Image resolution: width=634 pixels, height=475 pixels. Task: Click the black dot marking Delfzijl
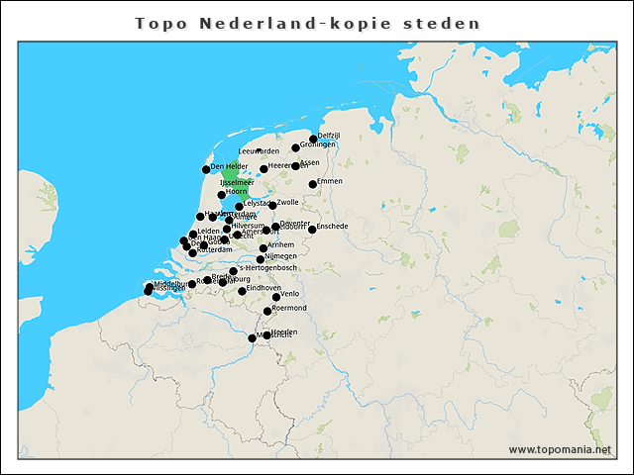point(313,139)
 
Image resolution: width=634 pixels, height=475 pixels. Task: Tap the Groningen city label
point(318,144)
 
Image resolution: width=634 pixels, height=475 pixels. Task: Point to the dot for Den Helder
point(206,169)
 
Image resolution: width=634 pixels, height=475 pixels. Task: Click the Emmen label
point(329,181)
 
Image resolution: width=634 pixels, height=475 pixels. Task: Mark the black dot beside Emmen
point(313,184)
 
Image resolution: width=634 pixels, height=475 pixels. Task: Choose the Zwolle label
point(287,202)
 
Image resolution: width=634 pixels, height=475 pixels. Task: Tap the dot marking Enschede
point(312,230)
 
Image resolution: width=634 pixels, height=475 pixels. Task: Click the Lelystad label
point(258,203)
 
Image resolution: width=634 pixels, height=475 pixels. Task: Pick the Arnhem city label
point(281,244)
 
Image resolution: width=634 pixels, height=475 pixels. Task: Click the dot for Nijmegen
point(261,259)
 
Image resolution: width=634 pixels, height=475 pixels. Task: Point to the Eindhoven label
point(264,288)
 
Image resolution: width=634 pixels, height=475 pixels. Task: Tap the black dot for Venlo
point(276,297)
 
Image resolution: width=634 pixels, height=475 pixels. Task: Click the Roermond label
point(289,308)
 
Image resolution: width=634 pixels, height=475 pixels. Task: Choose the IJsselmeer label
point(238,183)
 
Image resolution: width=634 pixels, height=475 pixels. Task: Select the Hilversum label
point(248,226)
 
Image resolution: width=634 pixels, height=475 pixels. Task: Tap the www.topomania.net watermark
point(560,450)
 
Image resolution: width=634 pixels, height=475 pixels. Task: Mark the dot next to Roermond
point(267,312)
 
